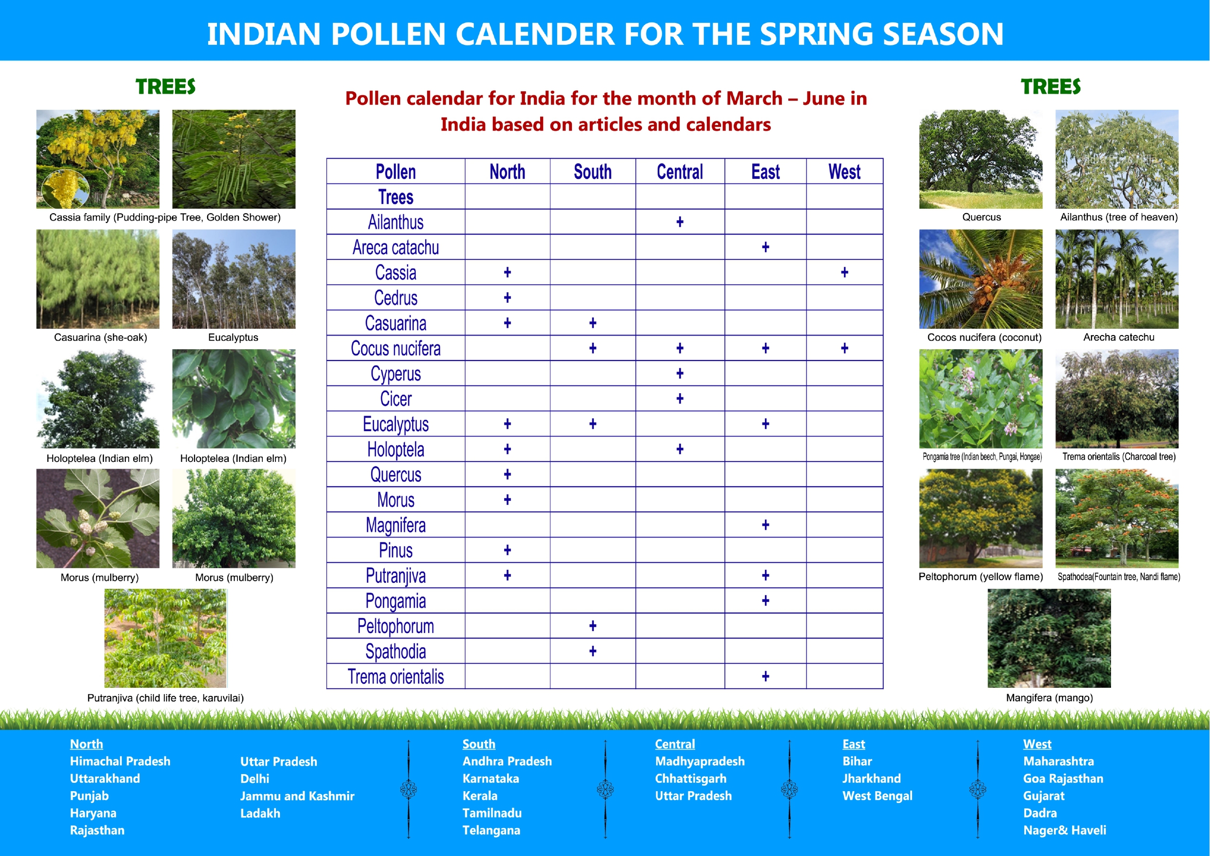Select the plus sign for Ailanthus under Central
680,222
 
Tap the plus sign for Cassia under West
844,272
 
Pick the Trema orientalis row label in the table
396,676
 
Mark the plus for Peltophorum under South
593,626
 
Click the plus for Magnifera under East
765,525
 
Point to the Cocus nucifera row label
396,348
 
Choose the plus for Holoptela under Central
680,449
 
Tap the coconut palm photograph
980,279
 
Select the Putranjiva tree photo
165,638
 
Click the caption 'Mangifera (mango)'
1049,698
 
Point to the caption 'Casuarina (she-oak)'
100,337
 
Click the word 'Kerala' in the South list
480,796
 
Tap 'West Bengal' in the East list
878,796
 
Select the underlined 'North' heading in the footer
86,744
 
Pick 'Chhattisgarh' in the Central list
690,778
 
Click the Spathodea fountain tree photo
1117,518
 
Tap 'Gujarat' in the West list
1043,796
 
